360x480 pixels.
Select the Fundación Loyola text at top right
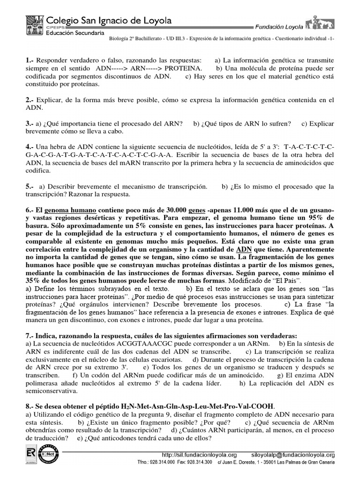pyautogui.click(x=278, y=28)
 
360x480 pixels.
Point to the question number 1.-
pyautogui.click(x=30, y=60)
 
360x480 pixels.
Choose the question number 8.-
pyautogui.click(x=30, y=406)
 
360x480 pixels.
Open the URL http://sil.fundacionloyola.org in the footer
pyautogui.click(x=199, y=455)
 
